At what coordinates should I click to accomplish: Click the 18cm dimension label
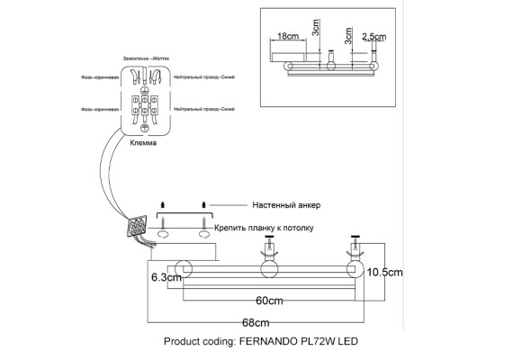(x=287, y=37)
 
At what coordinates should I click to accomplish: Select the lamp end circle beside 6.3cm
(x=184, y=269)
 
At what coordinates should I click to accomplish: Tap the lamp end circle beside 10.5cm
(x=354, y=269)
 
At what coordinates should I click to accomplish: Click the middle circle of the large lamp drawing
(x=269, y=269)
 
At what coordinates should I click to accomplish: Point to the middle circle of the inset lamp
(x=330, y=67)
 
